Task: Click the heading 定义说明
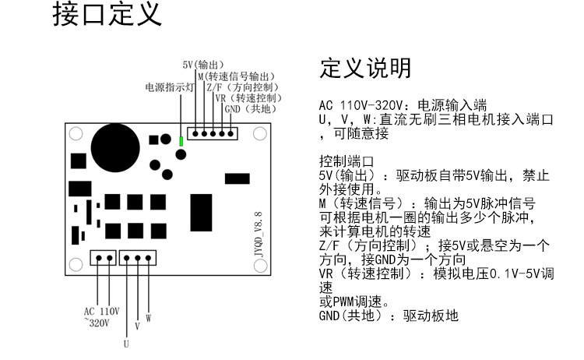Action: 365,69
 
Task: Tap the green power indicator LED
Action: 181,141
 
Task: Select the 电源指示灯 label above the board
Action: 168,88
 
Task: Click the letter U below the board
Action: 126,341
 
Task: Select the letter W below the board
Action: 148,318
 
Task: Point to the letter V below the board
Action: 137,326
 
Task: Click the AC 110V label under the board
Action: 101,311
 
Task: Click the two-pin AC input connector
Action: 104,258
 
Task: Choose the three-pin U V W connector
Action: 138,258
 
